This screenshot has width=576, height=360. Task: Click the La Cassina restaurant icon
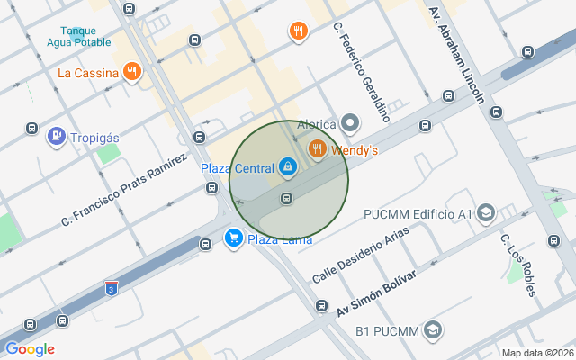click(x=133, y=72)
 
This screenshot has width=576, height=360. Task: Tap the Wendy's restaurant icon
click(x=317, y=149)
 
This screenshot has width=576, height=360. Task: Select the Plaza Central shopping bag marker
click(x=287, y=166)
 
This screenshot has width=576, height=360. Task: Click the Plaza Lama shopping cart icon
click(x=233, y=238)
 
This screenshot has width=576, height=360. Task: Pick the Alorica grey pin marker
click(x=350, y=124)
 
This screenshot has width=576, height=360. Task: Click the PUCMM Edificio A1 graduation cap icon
click(x=486, y=213)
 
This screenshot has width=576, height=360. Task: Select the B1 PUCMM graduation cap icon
click(x=432, y=330)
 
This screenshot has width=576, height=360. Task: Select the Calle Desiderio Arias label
click(x=360, y=255)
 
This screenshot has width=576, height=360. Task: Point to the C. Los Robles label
click(x=517, y=265)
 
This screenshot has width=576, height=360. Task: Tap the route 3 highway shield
click(x=111, y=288)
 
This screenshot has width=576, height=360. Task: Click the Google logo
click(x=30, y=349)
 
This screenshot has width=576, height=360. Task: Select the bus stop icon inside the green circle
click(x=287, y=198)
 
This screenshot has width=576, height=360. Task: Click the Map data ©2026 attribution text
click(x=537, y=353)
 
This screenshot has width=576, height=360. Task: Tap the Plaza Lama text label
click(x=280, y=239)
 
